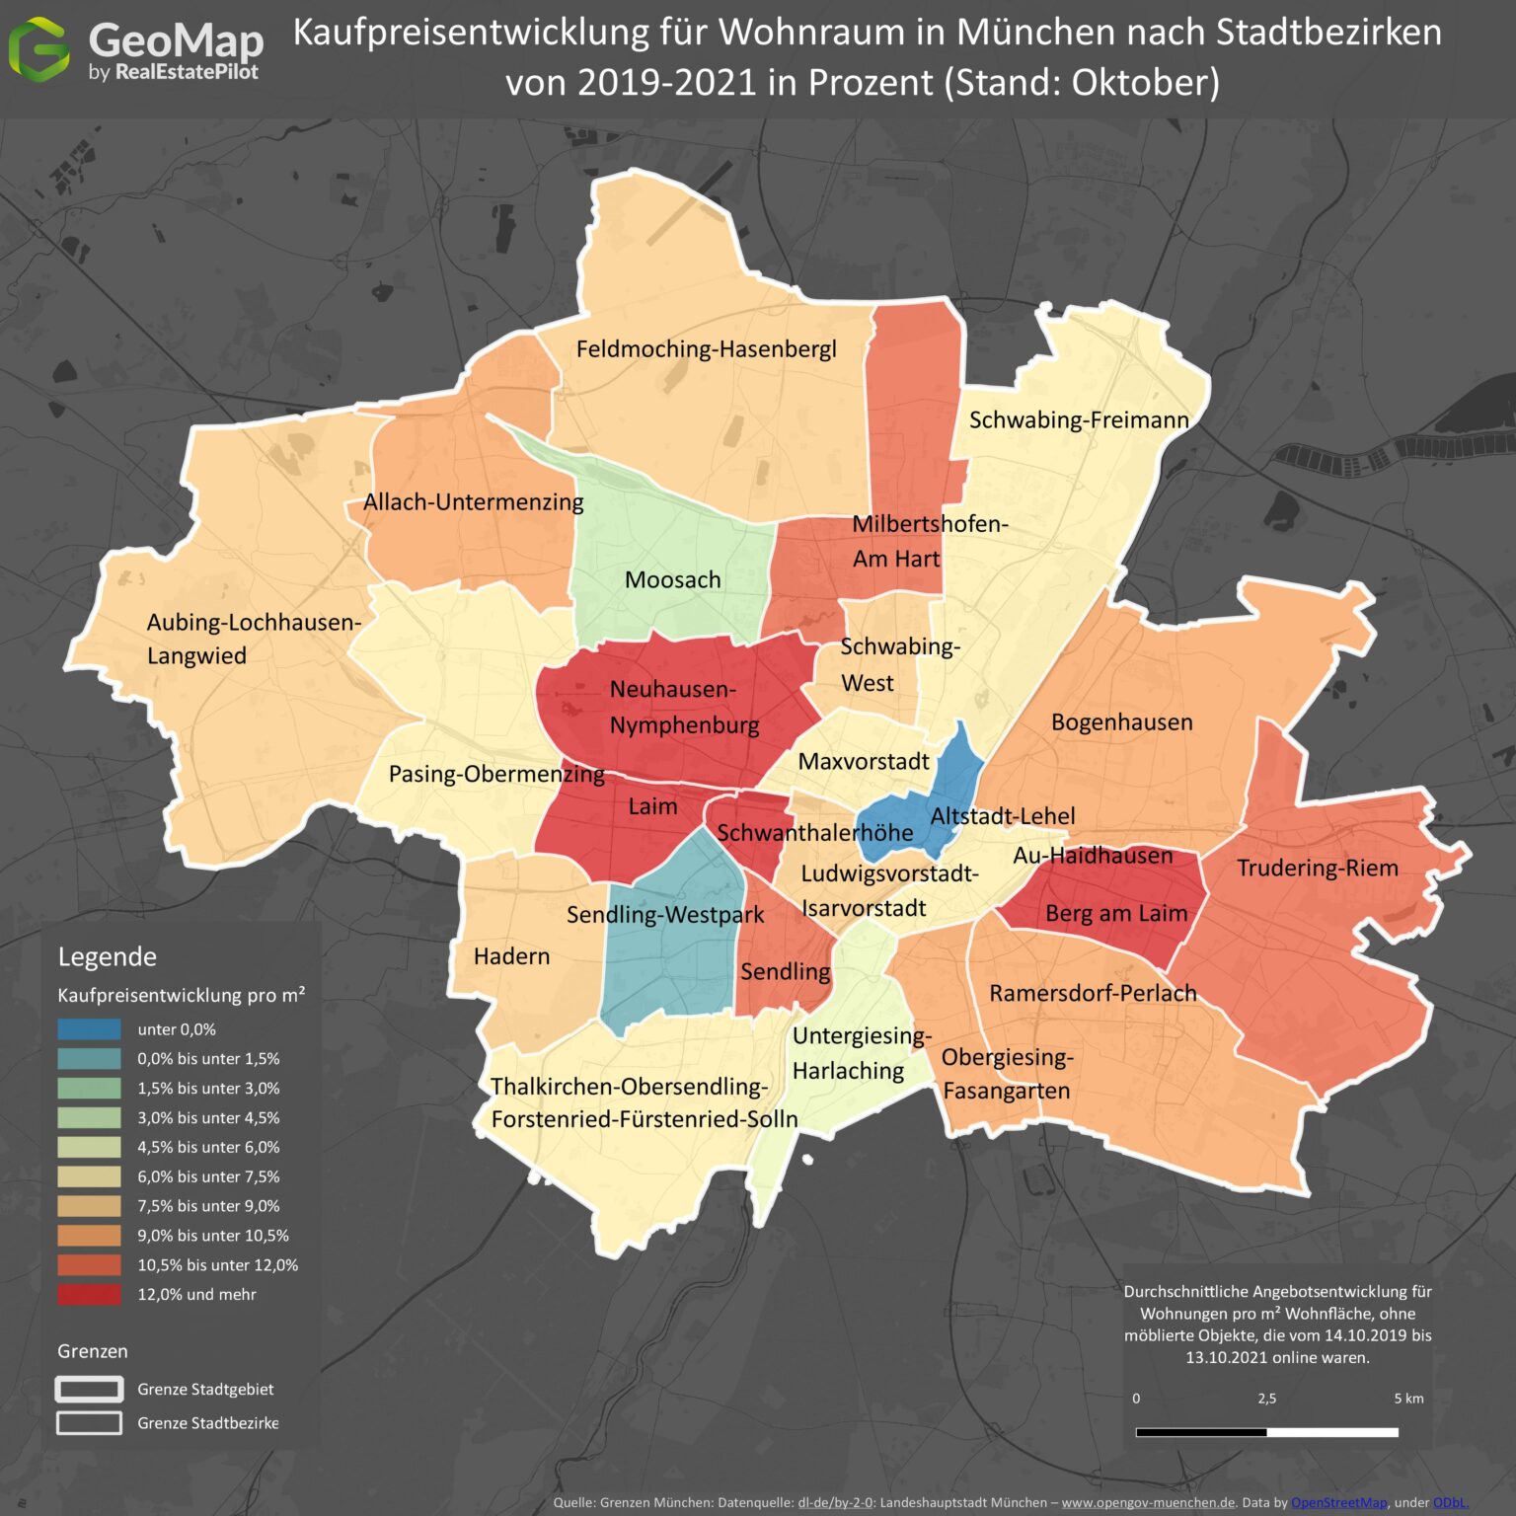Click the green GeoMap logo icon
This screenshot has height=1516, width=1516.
pos(38,48)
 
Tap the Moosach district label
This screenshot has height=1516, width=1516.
pos(672,579)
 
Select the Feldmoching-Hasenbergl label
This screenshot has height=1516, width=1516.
pos(706,349)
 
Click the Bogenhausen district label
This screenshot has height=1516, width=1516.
pos(1121,722)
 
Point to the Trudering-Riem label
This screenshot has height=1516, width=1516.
pos(1317,869)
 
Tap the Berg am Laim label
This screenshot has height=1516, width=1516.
pos(1115,914)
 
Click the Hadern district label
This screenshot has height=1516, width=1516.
pos(511,956)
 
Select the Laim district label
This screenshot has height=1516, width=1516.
pos(652,806)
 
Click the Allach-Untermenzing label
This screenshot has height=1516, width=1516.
pos(473,502)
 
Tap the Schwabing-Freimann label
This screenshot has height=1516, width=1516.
pos(1079,420)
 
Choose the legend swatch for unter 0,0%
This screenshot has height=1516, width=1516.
pos(89,1029)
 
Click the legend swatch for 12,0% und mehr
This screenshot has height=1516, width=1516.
pos(89,1294)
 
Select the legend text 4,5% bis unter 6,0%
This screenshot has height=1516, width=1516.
pos(208,1147)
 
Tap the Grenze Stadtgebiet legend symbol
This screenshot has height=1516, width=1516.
pos(89,1389)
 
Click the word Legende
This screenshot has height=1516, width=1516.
pos(107,957)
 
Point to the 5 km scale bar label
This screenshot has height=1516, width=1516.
pos(1408,1399)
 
